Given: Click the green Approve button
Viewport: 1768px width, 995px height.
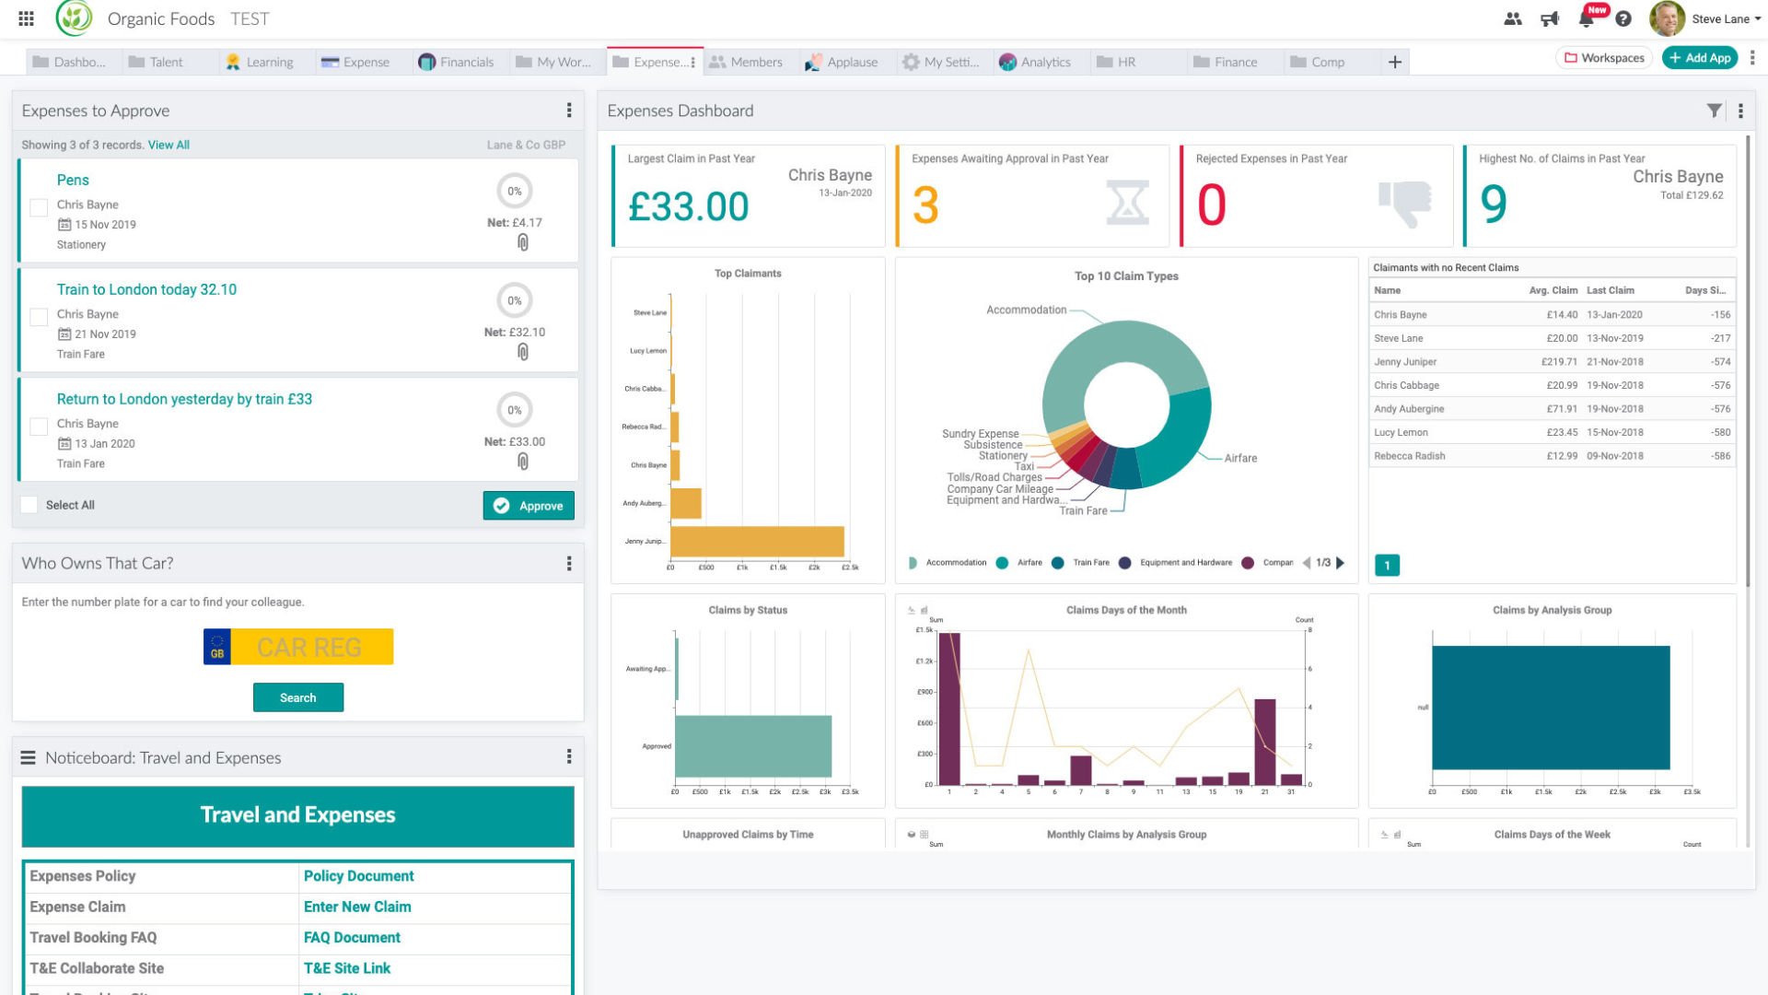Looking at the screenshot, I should pyautogui.click(x=529, y=506).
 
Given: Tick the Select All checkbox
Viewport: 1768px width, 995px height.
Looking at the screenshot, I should pyautogui.click(x=29, y=505).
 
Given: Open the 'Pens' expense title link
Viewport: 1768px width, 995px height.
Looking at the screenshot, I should pyautogui.click(x=73, y=180).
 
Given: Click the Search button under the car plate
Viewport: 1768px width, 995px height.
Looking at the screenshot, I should pyautogui.click(x=298, y=697).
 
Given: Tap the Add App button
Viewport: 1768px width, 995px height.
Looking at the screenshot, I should pyautogui.click(x=1700, y=58).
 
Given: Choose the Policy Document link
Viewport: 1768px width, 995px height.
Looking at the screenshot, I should pyautogui.click(x=358, y=876).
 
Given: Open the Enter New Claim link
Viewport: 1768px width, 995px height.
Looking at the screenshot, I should pyautogui.click(x=357, y=907).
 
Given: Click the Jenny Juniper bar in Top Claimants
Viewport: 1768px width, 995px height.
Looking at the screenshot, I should pyautogui.click(x=757, y=541).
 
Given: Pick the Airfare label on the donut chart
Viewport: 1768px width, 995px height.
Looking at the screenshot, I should pyautogui.click(x=1240, y=458).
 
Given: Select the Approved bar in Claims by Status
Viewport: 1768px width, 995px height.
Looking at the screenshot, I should pyautogui.click(x=752, y=746).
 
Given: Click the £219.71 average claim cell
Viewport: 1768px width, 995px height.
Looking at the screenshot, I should pyautogui.click(x=1559, y=362).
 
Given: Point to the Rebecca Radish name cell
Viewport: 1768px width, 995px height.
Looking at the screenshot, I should pyautogui.click(x=1409, y=456).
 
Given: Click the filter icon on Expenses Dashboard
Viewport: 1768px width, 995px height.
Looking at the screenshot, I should pyautogui.click(x=1714, y=111).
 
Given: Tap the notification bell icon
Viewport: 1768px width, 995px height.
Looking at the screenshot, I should pyautogui.click(x=1586, y=18).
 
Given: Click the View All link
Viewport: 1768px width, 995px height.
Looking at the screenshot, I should pyautogui.click(x=169, y=145).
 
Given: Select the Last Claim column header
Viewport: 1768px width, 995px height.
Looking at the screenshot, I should pyautogui.click(x=1610, y=290).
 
